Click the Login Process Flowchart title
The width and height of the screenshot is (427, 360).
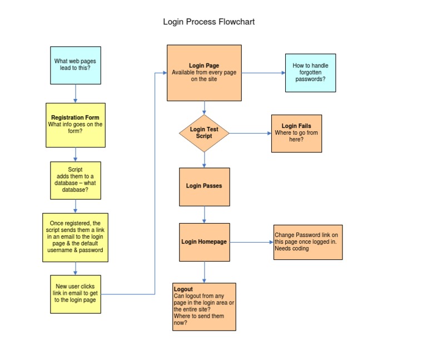tap(208, 22)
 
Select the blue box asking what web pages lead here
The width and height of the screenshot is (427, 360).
tap(76, 65)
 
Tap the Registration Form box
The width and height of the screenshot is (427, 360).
tap(75, 125)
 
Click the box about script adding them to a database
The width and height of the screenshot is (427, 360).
tap(75, 180)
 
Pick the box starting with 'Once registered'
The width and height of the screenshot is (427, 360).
tap(75, 237)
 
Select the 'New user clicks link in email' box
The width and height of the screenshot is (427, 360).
tap(75, 293)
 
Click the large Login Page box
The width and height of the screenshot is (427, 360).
tap(204, 73)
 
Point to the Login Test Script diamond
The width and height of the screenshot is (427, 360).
tap(204, 133)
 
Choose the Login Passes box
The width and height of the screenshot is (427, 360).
tap(204, 186)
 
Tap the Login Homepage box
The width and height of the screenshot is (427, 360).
tap(204, 242)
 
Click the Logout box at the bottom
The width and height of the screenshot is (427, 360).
tap(204, 307)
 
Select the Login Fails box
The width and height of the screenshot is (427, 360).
tap(296, 133)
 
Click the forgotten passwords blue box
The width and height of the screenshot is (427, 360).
tap(310, 73)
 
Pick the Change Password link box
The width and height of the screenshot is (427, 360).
tap(307, 242)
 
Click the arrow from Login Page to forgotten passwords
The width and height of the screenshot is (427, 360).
tap(263, 73)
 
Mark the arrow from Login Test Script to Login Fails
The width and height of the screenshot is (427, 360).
tap(250, 133)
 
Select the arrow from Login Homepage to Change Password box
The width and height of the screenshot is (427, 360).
tap(251, 242)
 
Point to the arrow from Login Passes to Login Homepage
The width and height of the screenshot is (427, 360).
tap(204, 214)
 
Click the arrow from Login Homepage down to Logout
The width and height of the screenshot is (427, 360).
tap(204, 272)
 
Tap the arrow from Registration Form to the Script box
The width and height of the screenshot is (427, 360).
tap(75, 154)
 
